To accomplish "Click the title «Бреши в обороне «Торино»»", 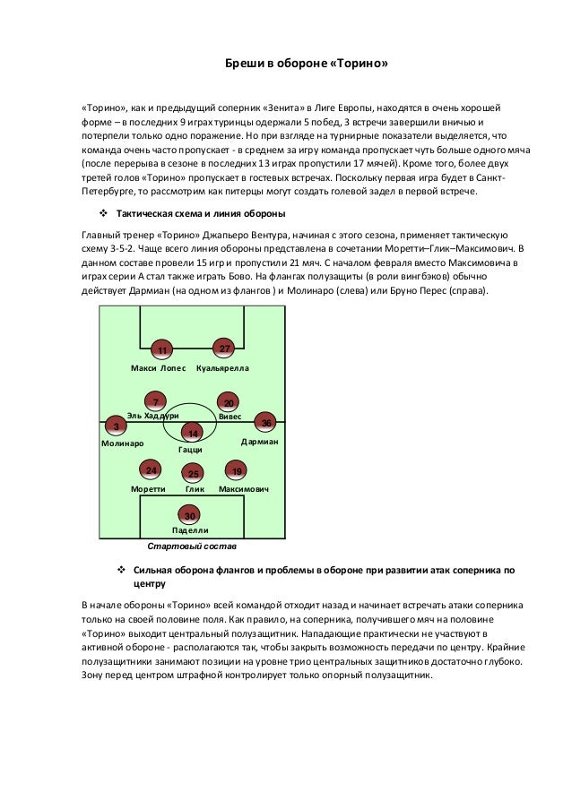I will (x=306, y=65).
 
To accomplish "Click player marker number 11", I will (x=162, y=349).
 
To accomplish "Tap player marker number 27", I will (x=225, y=348).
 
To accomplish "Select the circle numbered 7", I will (x=156, y=402).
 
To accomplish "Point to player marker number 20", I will (x=229, y=403).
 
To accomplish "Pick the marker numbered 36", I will (x=265, y=422).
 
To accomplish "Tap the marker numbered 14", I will (x=192, y=433).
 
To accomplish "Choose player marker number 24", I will (x=152, y=470).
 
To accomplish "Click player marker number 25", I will (x=193, y=473).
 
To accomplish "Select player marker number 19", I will (x=236, y=471).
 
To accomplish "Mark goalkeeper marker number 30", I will (x=189, y=515).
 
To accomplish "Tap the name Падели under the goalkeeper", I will (x=190, y=530).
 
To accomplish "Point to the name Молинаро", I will (x=123, y=443).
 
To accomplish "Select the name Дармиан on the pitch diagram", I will (x=260, y=443).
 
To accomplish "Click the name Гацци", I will (x=189, y=450).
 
